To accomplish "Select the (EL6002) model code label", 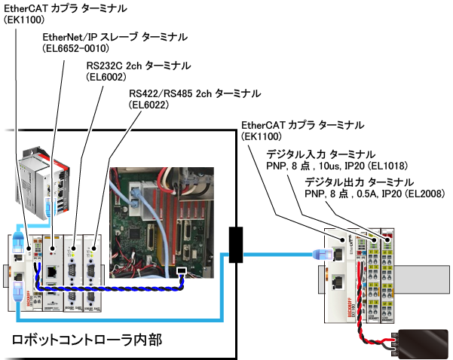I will pyautogui.click(x=106, y=77).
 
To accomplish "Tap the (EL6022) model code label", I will pyautogui.click(x=148, y=105).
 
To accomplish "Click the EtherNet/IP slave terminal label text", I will pyautogui.click(x=115, y=37).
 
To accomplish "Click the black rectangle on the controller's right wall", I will pyautogui.click(x=234, y=244).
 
